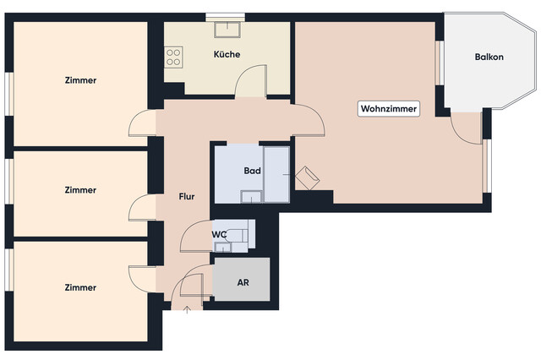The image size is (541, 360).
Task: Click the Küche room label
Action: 227,54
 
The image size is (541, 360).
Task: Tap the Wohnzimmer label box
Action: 389,109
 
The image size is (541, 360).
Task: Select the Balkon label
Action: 489,57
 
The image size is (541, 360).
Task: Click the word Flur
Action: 187,197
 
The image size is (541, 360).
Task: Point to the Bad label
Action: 252,171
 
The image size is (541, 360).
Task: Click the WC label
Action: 218,233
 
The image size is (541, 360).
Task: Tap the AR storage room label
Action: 242,281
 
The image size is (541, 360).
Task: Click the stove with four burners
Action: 175,57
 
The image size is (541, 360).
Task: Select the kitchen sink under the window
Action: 227,30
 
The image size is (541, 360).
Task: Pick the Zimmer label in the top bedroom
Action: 80,81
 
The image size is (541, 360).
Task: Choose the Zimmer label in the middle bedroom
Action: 80,190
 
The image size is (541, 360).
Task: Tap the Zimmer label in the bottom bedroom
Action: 80,287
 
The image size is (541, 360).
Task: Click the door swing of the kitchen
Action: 250,85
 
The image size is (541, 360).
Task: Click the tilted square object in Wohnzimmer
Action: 307,177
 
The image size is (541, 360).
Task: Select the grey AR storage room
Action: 242,292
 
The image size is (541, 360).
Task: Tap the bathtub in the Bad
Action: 276,173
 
